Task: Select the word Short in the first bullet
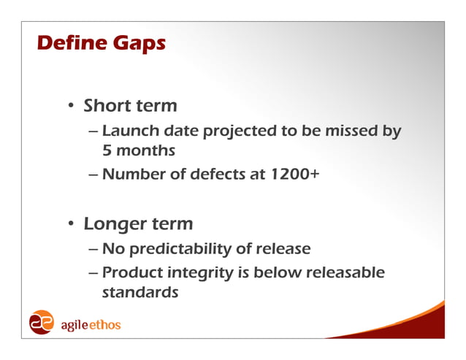106,106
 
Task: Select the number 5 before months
107,150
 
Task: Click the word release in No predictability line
283,249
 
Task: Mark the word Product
131,273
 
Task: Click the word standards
140,293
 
